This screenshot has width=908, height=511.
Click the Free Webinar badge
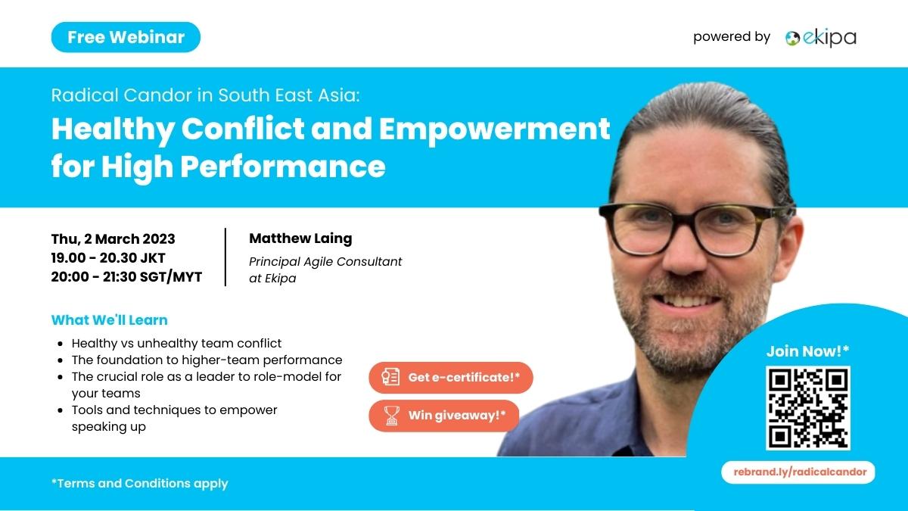[126, 37]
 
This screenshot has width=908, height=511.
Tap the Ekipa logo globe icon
[792, 38]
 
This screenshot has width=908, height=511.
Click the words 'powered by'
[732, 37]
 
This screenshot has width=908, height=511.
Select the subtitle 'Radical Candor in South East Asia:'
[206, 95]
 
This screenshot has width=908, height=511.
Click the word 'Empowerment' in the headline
[495, 129]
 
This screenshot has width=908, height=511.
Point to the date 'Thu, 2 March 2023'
[113, 239]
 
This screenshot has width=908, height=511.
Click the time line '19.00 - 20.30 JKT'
[108, 258]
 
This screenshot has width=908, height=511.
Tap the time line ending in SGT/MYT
[126, 276]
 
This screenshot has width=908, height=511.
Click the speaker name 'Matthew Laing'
[300, 238]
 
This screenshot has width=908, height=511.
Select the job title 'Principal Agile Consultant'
[325, 262]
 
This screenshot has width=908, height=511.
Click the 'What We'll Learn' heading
[110, 320]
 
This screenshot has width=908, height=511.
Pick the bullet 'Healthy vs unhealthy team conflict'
[176, 344]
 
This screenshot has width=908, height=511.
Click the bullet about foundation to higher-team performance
[207, 360]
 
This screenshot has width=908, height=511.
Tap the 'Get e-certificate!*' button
[451, 378]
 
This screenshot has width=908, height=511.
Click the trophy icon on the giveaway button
[391, 416]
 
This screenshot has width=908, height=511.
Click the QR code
[808, 408]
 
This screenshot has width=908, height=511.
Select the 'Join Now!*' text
[807, 351]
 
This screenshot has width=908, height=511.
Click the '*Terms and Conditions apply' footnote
[140, 484]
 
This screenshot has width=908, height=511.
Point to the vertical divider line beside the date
[225, 257]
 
